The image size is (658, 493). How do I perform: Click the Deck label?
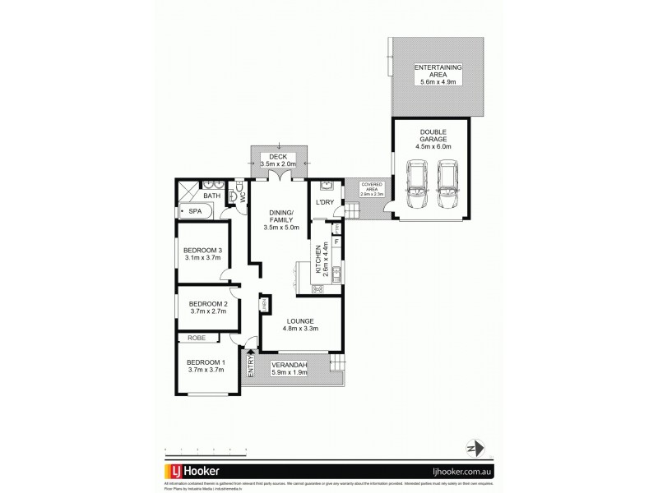(x=279, y=160)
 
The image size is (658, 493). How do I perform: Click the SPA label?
(x=195, y=212)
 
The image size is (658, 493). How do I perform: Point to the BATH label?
(x=211, y=196)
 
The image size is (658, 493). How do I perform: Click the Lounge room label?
(x=296, y=325)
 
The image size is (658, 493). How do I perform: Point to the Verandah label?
(x=290, y=369)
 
